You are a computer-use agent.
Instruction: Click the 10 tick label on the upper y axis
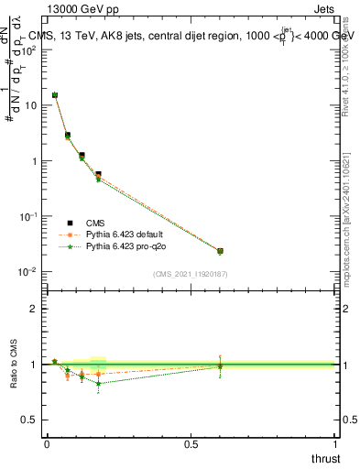[30, 105]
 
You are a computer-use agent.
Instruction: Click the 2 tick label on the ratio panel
[34, 309]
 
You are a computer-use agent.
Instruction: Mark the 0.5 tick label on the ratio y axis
[30, 420]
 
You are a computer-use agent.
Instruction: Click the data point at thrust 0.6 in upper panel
[220, 251]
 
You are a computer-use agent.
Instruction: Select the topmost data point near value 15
[55, 95]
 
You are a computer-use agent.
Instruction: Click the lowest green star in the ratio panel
[98, 383]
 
